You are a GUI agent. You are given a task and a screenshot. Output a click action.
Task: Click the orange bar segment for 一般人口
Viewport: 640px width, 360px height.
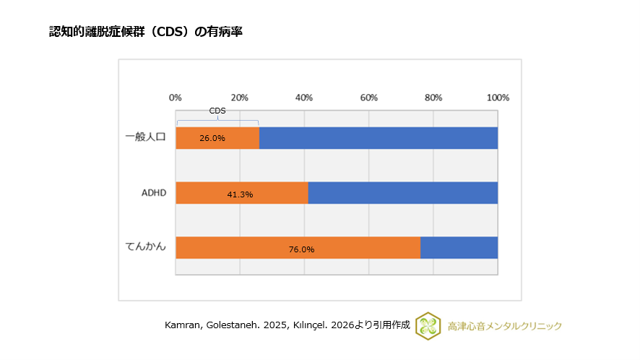(x=217, y=137)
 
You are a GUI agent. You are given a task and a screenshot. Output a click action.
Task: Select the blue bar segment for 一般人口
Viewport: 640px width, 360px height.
(x=378, y=137)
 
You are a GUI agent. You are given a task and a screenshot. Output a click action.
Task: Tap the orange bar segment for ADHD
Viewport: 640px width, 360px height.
(x=241, y=192)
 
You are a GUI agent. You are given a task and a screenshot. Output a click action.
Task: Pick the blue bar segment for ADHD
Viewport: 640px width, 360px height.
(x=402, y=192)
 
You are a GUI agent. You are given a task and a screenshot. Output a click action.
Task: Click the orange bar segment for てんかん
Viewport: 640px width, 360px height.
(x=298, y=247)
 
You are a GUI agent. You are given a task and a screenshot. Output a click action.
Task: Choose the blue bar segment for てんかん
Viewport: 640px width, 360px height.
(x=459, y=247)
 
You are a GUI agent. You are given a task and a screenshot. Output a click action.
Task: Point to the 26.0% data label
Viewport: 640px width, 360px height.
(x=212, y=138)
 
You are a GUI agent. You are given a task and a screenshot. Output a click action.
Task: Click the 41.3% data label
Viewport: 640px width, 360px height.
(x=240, y=194)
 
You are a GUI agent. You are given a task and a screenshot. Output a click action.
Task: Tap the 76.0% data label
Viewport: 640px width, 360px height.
(x=301, y=249)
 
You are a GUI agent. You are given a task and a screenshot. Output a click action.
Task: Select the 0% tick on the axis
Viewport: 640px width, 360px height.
(x=175, y=98)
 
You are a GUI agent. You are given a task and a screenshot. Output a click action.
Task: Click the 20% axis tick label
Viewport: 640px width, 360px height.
(x=240, y=98)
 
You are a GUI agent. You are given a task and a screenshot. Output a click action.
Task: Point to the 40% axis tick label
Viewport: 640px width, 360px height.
(x=304, y=98)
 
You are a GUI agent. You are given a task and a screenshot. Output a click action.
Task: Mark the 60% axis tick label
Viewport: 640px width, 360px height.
(x=368, y=98)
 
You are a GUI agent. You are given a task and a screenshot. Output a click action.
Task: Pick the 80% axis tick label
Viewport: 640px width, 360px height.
(x=433, y=98)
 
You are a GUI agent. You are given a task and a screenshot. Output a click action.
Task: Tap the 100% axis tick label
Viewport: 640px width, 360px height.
(x=498, y=98)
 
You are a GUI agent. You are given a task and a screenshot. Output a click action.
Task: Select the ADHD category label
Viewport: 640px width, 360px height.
(x=154, y=192)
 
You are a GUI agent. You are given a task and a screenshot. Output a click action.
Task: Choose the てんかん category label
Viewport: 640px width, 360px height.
(x=146, y=247)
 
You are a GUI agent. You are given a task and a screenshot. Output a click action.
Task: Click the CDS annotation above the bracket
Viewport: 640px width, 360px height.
(x=217, y=111)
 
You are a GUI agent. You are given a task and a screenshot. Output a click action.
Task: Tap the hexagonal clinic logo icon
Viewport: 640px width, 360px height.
(x=428, y=325)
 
